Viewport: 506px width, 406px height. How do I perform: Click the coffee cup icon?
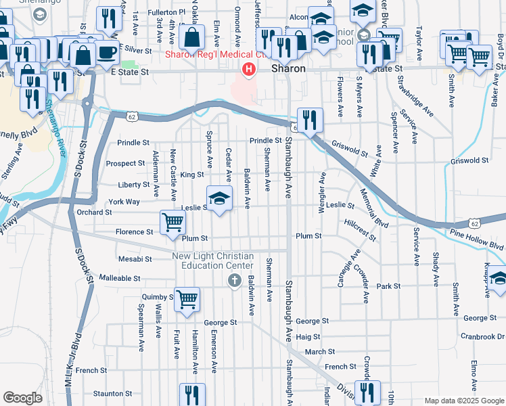(106, 52)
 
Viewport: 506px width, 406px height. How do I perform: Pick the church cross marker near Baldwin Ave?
(235, 281)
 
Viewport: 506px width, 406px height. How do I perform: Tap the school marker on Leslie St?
(218, 198)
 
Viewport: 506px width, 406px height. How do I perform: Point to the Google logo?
(22, 398)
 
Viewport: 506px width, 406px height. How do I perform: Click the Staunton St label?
(112, 393)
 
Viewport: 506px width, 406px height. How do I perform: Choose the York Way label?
(124, 202)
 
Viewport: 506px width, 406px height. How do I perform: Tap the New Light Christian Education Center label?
(212, 261)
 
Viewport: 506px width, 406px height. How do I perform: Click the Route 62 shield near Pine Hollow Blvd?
(475, 223)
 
